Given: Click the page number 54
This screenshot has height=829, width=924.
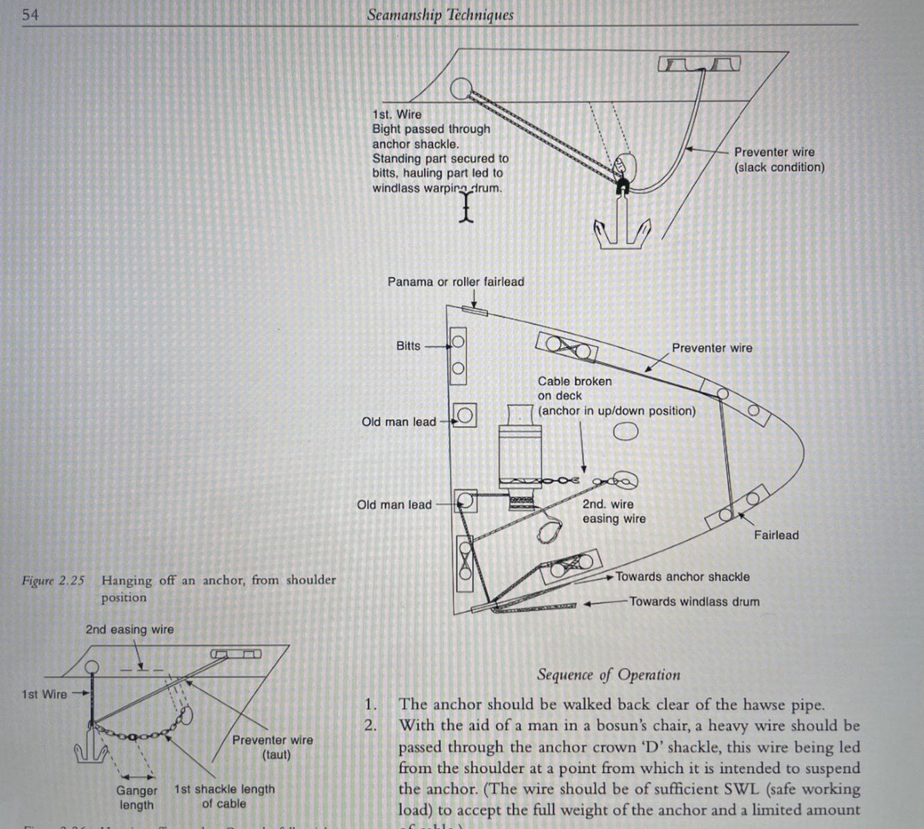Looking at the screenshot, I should [x=30, y=14].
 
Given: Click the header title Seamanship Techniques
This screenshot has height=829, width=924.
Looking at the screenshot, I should [x=440, y=15].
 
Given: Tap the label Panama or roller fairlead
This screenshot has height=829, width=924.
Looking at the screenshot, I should [x=455, y=282].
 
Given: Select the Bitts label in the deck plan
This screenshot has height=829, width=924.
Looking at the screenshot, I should [x=408, y=346].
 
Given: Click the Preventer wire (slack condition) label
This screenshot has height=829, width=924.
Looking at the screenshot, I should [x=779, y=159].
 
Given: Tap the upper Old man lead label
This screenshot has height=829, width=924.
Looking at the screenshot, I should [x=398, y=422].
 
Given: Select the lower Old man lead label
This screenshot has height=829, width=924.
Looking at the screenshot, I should [x=393, y=505].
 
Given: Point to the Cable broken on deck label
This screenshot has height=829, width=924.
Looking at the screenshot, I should [x=575, y=389].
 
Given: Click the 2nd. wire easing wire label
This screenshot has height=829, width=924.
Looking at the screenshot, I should [x=613, y=512].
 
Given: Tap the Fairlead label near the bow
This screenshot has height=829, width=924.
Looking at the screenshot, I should [x=776, y=535].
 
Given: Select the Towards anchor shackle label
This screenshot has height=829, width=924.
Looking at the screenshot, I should [x=682, y=576].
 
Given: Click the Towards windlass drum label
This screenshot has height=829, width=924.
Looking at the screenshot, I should [x=694, y=602].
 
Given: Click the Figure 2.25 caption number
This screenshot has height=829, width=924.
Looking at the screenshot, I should [x=53, y=580].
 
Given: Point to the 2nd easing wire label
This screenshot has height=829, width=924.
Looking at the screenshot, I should [x=130, y=630].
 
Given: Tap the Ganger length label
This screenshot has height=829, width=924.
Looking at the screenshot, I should [x=136, y=797].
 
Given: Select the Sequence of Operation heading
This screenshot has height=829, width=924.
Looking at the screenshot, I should [x=608, y=675].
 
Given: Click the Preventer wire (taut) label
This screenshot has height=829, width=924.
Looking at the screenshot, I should [x=273, y=747].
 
